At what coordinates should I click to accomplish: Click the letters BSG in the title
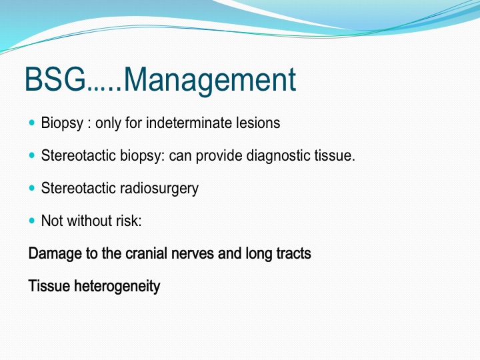pyautogui.click(x=55, y=79)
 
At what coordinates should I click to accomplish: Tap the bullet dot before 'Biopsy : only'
pyautogui.click(x=32, y=123)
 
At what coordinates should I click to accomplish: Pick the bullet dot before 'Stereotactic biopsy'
pyautogui.click(x=32, y=155)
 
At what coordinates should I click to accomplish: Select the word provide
pyautogui.click(x=219, y=156)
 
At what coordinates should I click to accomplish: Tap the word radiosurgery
pyautogui.click(x=159, y=189)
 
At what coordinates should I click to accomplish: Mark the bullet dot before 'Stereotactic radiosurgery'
pyautogui.click(x=32, y=187)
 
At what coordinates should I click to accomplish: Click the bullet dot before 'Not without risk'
pyautogui.click(x=32, y=221)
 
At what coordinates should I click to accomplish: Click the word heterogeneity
pyautogui.click(x=117, y=287)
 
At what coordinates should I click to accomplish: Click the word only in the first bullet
pyautogui.click(x=108, y=123)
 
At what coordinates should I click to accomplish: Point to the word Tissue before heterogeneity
pyautogui.click(x=49, y=286)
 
